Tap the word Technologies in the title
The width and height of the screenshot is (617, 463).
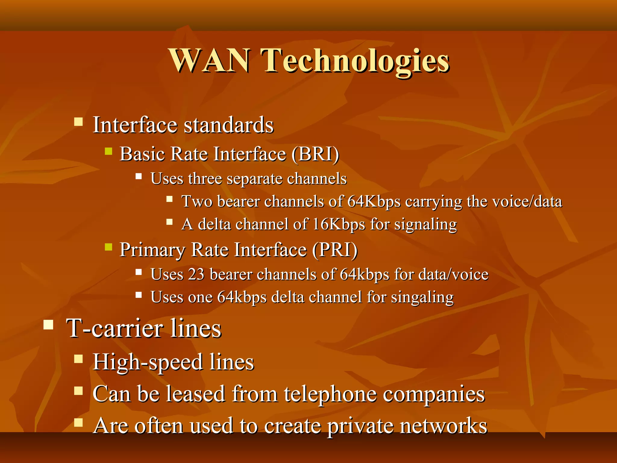[355, 62]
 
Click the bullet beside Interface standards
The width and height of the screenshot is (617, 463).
[79, 122]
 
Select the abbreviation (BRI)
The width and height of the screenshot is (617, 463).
[315, 154]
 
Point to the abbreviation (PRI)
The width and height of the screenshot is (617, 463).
[335, 250]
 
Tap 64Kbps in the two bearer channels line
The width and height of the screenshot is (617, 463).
[374, 201]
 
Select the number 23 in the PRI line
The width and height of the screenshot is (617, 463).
[196, 275]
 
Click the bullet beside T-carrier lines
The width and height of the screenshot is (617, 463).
[48, 325]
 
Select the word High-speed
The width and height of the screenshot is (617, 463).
[148, 362]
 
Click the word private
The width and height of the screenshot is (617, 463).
[360, 426]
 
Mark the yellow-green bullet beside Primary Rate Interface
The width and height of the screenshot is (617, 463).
[108, 247]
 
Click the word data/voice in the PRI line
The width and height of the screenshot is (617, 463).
[453, 275]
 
